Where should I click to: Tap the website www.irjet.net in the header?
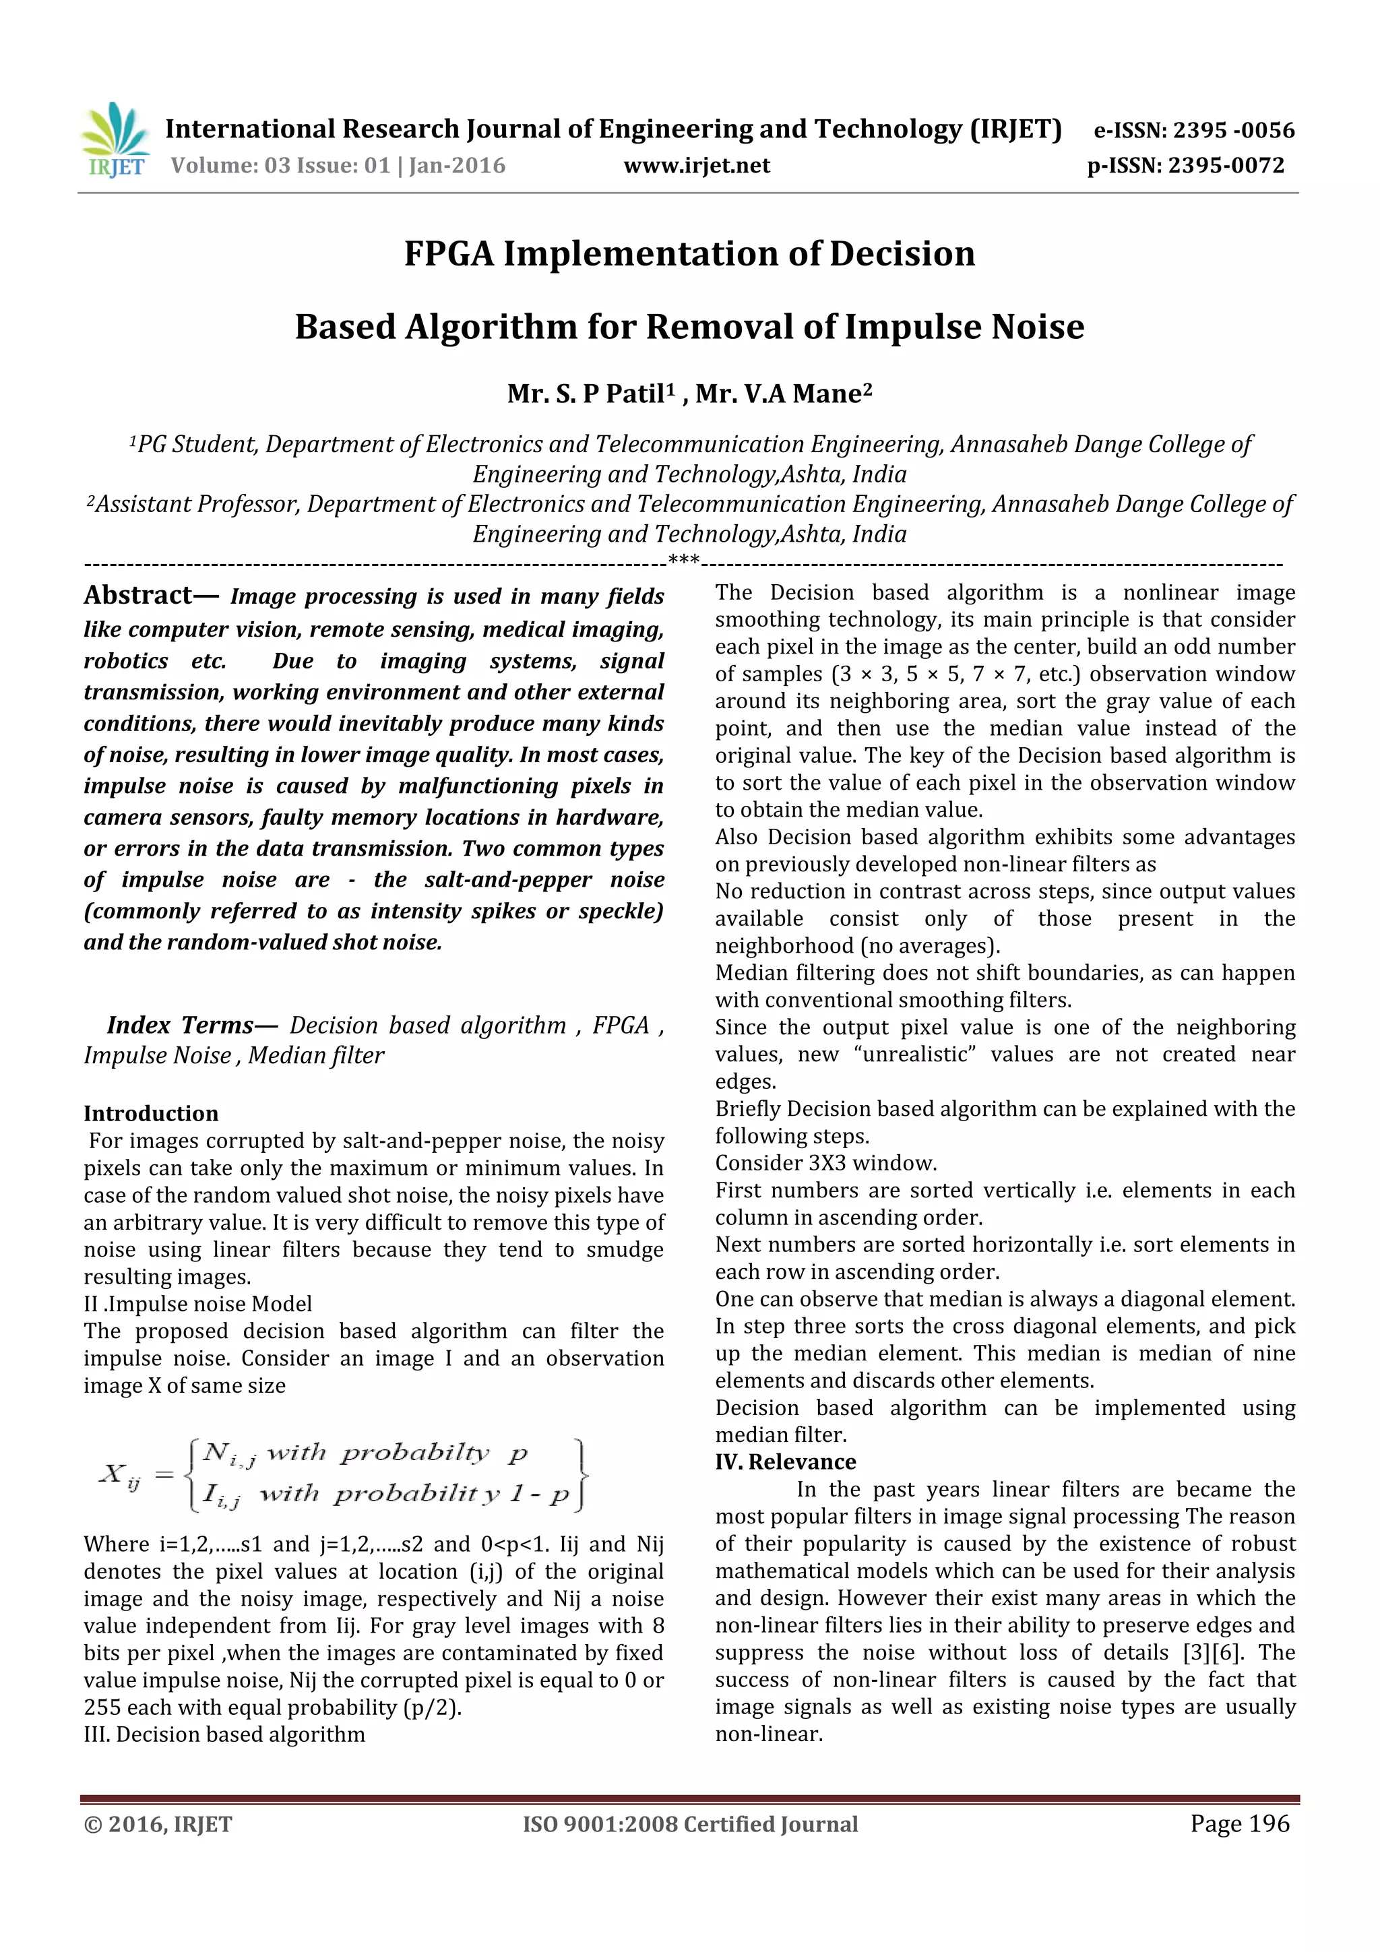tap(696, 166)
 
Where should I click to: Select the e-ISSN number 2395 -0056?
tap(1233, 131)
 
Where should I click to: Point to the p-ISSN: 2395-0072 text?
tap(1185, 166)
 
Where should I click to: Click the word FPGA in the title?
tap(449, 254)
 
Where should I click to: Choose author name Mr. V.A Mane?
tap(783, 393)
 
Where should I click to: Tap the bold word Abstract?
tap(139, 595)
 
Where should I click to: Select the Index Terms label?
tap(181, 1026)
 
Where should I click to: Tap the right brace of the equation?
tap(582, 1474)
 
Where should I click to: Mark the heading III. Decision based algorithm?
tap(224, 1734)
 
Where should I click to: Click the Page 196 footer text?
tap(1239, 1823)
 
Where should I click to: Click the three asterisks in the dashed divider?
tap(684, 560)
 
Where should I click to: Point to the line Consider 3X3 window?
tap(825, 1163)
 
